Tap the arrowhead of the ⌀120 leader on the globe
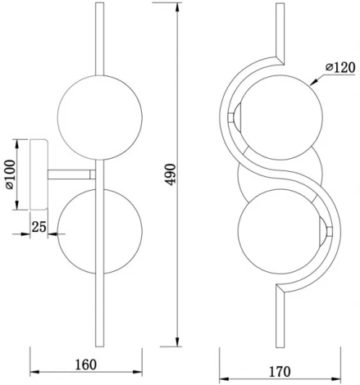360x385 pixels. coord(313,84)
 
